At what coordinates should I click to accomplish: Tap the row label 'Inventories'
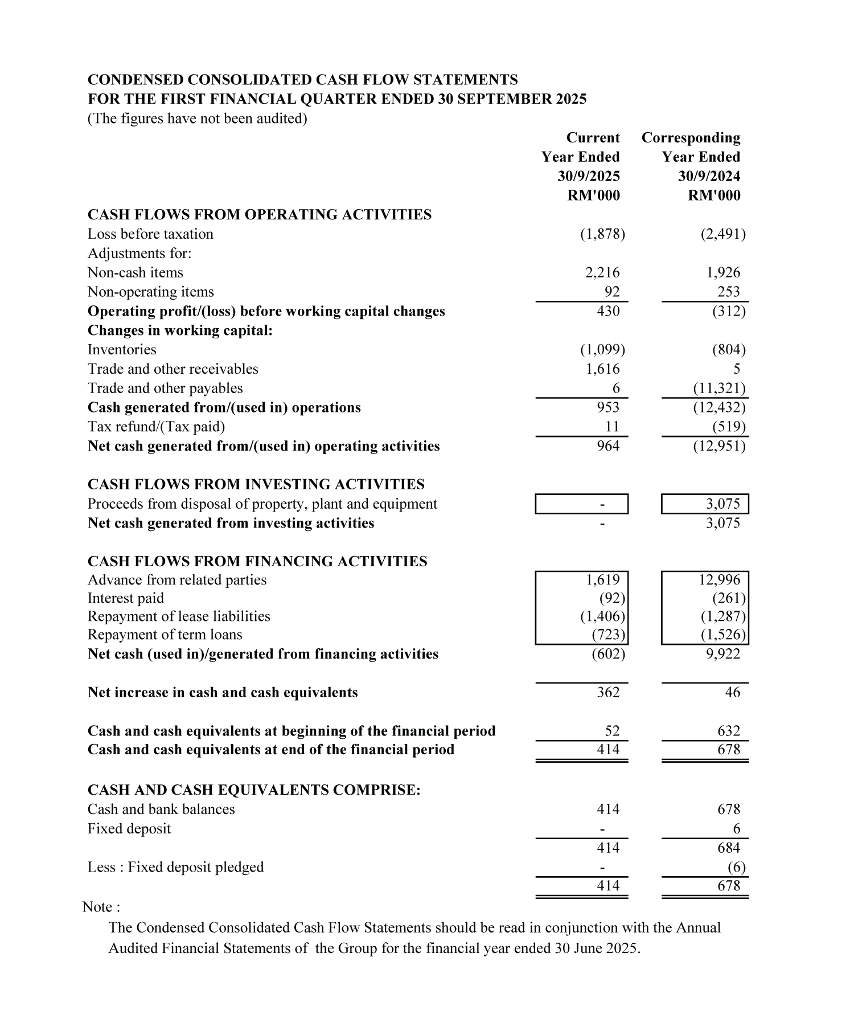(122, 350)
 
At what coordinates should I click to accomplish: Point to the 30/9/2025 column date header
(588, 176)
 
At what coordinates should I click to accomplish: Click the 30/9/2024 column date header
(709, 176)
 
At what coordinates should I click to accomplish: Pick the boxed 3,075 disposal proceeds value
(722, 504)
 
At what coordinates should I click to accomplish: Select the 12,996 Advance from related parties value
(720, 580)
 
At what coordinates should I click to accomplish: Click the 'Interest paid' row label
(125, 598)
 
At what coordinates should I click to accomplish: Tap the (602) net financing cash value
(608, 654)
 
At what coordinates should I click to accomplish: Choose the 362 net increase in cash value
(608, 692)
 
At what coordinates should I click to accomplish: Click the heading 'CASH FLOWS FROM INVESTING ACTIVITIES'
(256, 484)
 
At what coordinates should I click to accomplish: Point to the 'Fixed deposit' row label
(129, 828)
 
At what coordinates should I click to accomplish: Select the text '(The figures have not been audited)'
(197, 118)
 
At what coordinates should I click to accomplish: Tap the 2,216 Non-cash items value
(602, 273)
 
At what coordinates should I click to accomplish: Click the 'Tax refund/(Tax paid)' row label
(156, 427)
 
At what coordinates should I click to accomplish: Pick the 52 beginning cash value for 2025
(612, 731)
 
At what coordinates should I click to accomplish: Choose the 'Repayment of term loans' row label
(165, 635)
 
